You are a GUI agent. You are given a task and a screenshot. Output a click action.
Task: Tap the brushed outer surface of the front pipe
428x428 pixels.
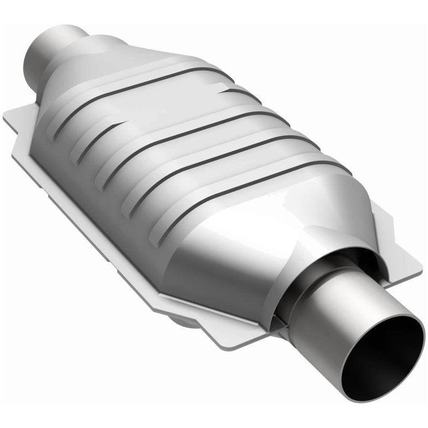(x=321, y=321)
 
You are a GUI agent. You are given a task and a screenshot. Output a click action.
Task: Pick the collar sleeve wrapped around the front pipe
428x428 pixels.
(x=300, y=267)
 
